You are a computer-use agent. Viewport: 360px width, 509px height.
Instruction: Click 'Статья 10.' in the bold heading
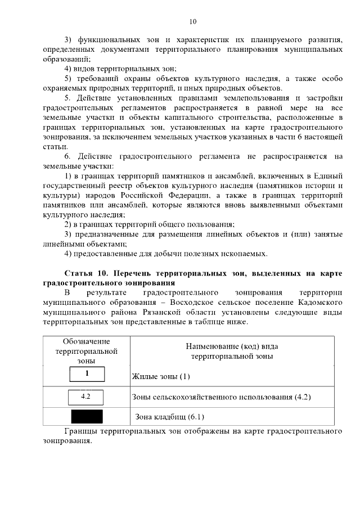[85, 273]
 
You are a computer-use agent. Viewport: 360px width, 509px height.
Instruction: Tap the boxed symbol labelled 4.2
[86, 397]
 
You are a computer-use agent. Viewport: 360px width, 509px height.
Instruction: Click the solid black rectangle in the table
[86, 417]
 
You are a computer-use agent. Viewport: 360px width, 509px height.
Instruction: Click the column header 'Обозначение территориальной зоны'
[86, 351]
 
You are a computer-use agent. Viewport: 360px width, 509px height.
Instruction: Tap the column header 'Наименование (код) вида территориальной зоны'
[232, 352]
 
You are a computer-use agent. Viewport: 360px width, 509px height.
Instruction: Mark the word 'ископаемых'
[243, 254]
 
